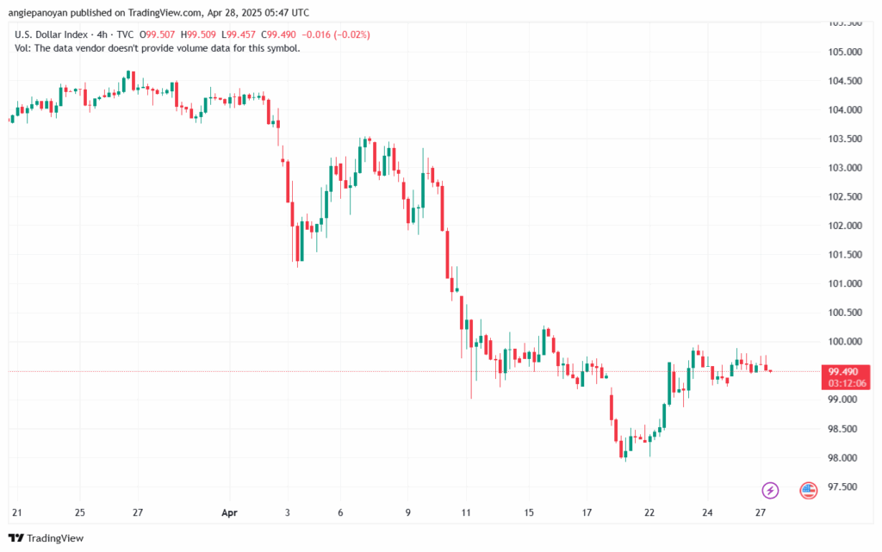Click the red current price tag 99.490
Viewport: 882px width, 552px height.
(x=844, y=372)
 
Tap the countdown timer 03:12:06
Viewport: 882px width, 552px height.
(x=846, y=383)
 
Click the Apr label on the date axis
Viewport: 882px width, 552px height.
(x=229, y=512)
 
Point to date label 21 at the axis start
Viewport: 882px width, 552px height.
(x=16, y=512)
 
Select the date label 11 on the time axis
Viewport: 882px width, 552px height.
(x=466, y=512)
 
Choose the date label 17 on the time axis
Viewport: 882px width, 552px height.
(x=587, y=512)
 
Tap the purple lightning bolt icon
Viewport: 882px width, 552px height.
(x=770, y=490)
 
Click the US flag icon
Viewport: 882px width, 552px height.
(x=808, y=490)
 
